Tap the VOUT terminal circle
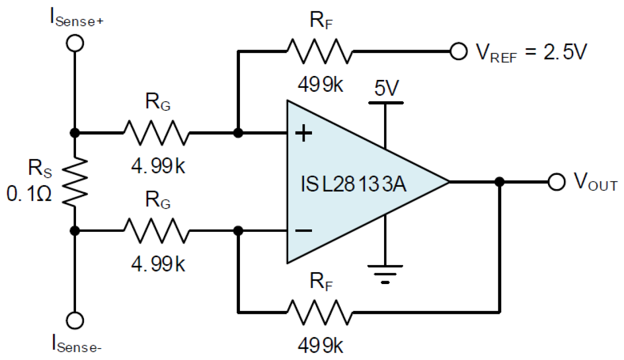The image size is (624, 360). [x=556, y=182]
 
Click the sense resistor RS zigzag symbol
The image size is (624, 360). [x=75, y=182]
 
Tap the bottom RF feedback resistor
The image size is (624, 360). [x=318, y=312]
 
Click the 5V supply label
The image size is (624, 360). [x=386, y=89]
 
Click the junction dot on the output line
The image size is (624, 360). [x=500, y=182]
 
